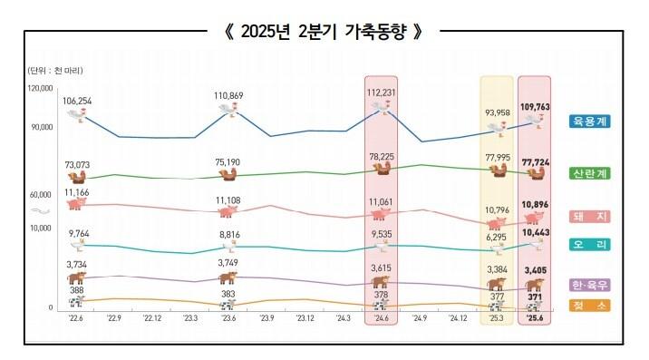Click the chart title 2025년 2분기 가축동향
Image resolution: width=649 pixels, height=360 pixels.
(324, 31)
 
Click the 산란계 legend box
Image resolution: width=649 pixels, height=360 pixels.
(590, 173)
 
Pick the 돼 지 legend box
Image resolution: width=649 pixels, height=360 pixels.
(590, 216)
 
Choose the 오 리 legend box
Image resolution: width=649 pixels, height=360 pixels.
(590, 244)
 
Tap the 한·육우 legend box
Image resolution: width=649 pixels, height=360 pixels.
(590, 284)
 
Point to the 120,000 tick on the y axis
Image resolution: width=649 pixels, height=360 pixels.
(41, 89)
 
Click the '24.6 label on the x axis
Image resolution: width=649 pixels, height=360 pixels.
(383, 318)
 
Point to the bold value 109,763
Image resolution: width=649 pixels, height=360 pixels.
(536, 106)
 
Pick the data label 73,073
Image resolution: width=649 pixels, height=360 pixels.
(79, 164)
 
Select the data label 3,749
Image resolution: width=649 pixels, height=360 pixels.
(227, 263)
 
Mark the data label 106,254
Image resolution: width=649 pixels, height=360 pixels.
(79, 101)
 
